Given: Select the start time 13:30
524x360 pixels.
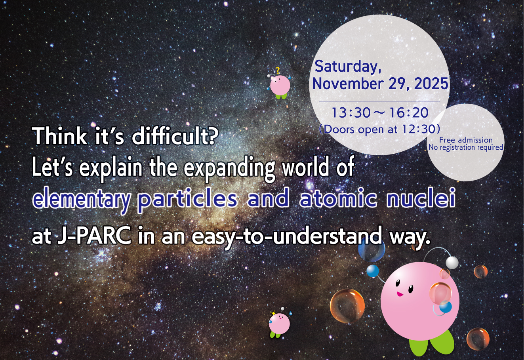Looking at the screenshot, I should coord(345,113).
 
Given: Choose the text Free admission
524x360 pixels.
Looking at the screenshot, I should coord(466,140).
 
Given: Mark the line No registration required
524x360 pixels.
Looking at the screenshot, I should coord(466,147).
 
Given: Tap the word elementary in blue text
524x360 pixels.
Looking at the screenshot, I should coord(81,200).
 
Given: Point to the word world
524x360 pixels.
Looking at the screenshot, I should coord(305,168).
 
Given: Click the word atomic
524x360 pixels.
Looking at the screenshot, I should coord(338,199).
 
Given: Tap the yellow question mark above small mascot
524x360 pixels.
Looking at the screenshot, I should coord(278,70).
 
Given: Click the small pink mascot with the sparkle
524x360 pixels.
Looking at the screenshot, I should coord(280,324).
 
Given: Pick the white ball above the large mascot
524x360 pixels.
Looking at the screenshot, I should coord(452,263).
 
